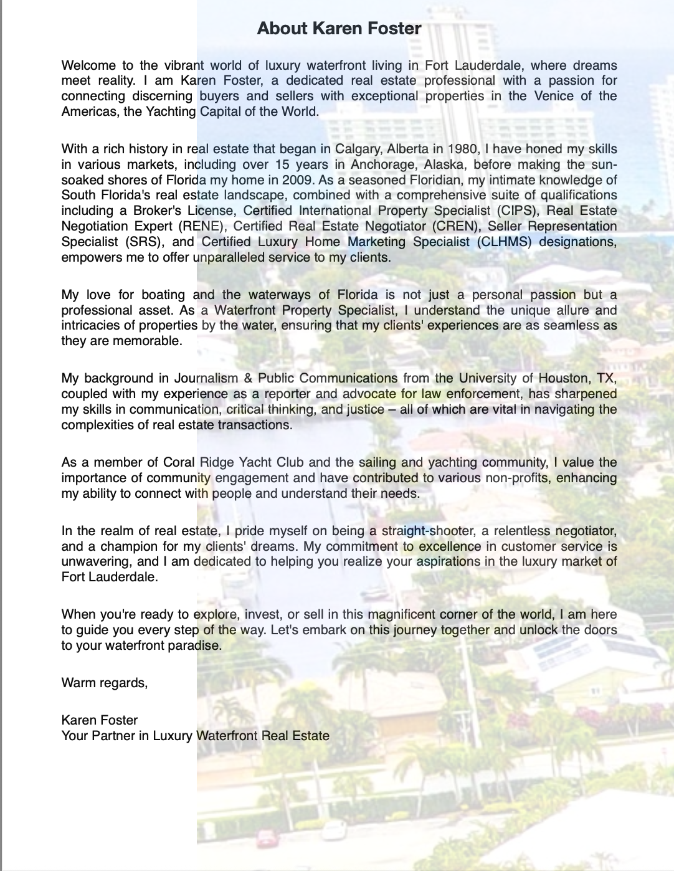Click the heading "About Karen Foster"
click(x=339, y=28)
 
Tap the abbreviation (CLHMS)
click(x=504, y=242)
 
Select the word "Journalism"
click(x=206, y=378)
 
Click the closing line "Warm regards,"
click(x=105, y=683)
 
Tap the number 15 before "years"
click(x=282, y=164)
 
